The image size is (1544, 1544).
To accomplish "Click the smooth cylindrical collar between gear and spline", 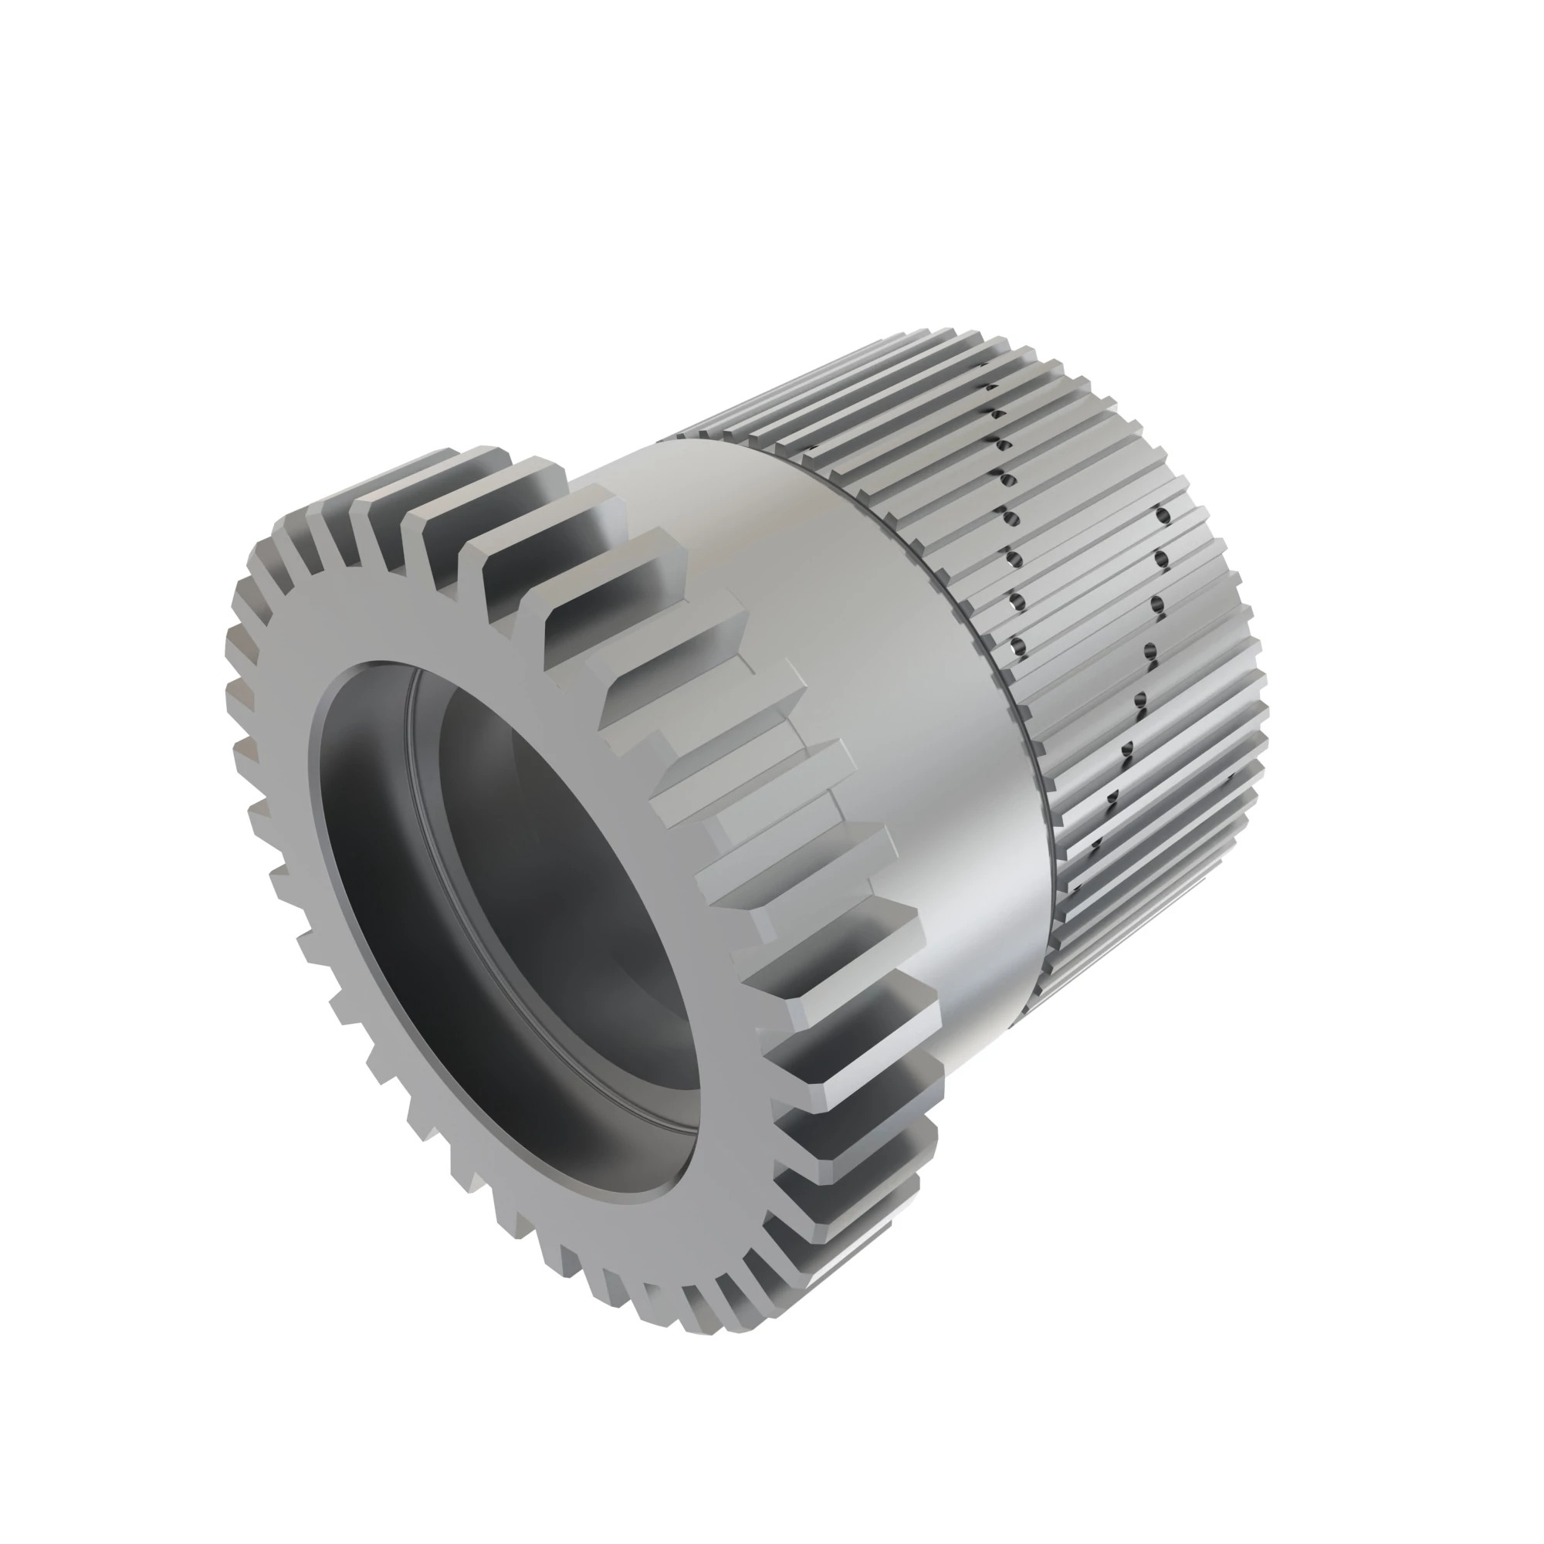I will [x=863, y=639].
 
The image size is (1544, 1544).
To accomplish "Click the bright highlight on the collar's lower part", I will [x=983, y=919].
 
